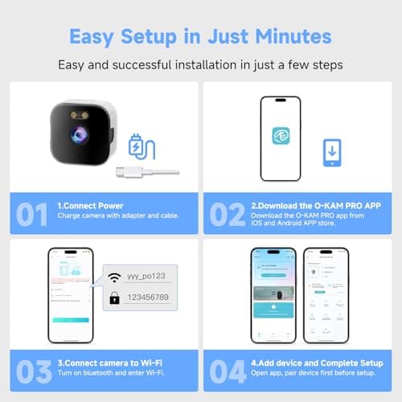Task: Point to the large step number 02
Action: pyautogui.click(x=233, y=215)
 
